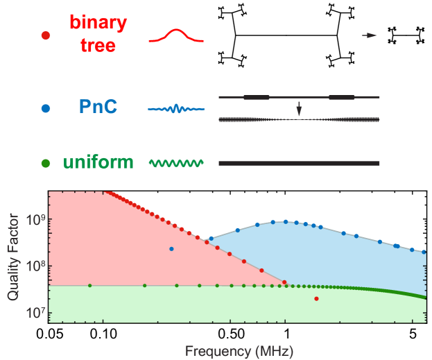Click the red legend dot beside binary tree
46,35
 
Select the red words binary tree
98,33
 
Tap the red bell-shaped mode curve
176,36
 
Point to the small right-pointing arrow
369,35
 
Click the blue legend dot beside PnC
46,108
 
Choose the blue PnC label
98,108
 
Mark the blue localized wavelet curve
176,109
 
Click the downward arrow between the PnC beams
299,108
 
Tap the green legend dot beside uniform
46,164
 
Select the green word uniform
98,163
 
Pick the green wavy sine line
176,164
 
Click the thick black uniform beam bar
299,164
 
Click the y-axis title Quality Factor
13,256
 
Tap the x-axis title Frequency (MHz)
239,350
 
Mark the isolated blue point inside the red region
171,248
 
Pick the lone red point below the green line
316,299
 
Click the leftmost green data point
89,285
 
